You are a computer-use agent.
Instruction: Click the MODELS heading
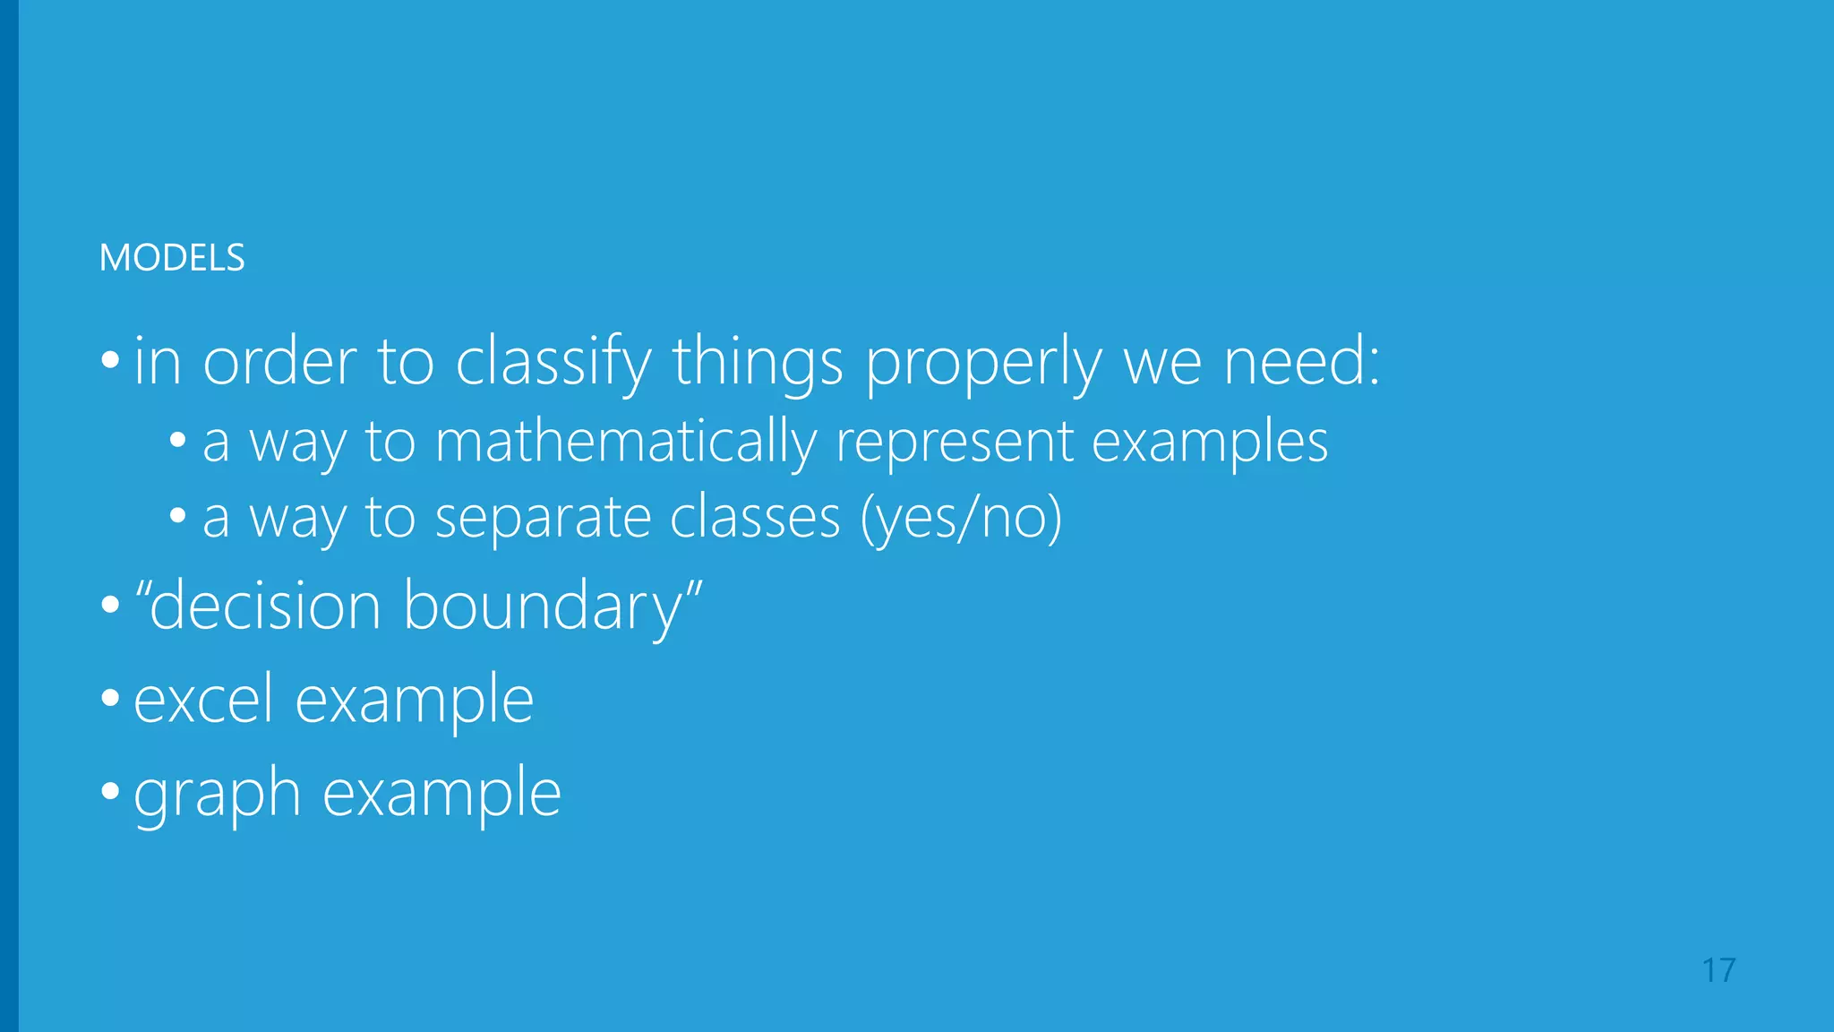tap(172, 258)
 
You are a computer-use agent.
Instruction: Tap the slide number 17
tap(1718, 970)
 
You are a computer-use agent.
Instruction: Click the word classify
tap(553, 363)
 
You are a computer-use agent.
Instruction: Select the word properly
tap(983, 363)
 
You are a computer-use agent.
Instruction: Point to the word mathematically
tap(625, 442)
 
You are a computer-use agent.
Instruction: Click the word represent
tap(954, 442)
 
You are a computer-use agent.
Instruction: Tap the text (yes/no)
tap(961, 519)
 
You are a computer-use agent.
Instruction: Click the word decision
tap(266, 606)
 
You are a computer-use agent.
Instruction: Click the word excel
tap(203, 700)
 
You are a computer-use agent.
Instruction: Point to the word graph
tap(217, 795)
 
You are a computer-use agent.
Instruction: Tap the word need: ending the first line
tap(1302, 363)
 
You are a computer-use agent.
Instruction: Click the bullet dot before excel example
tap(110, 697)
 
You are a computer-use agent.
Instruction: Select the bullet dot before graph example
tap(110, 791)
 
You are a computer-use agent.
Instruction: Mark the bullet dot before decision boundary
tap(110, 605)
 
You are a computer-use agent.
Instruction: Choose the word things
tap(758, 363)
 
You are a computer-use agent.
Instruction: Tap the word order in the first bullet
tap(280, 363)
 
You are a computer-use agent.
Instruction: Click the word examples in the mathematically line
tap(1210, 442)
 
